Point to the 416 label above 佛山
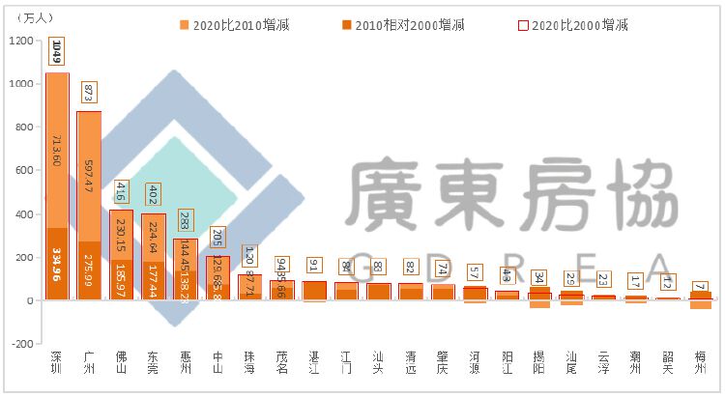pos(122,191)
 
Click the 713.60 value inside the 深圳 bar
pos(56,150)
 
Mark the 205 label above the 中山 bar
pos(217,238)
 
